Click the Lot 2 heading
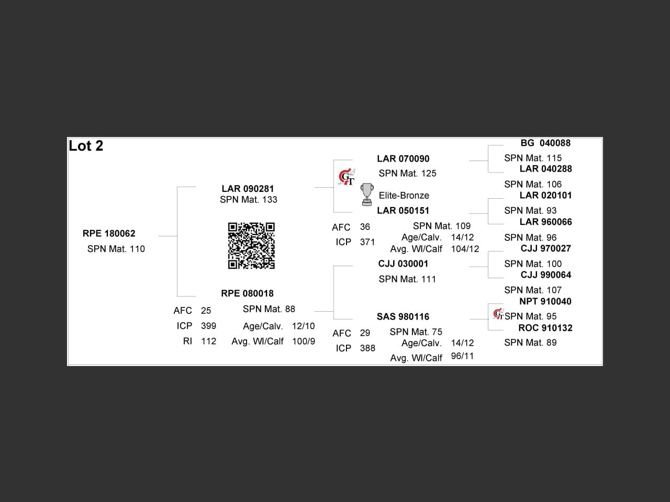[86, 146]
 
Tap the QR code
[251, 246]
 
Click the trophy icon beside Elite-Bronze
[367, 195]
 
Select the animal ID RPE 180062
[109, 234]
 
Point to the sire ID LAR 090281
[248, 189]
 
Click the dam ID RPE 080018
[247, 293]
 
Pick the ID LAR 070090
[403, 159]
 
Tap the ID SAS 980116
[403, 317]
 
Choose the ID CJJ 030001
[403, 264]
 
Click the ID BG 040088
[545, 143]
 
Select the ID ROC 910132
[545, 328]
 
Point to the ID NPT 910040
[545, 302]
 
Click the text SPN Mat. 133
[249, 200]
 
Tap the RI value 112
[208, 341]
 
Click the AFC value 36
[365, 227]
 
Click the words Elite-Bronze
[404, 196]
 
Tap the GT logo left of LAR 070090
[346, 177]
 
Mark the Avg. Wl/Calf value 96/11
[462, 356]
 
